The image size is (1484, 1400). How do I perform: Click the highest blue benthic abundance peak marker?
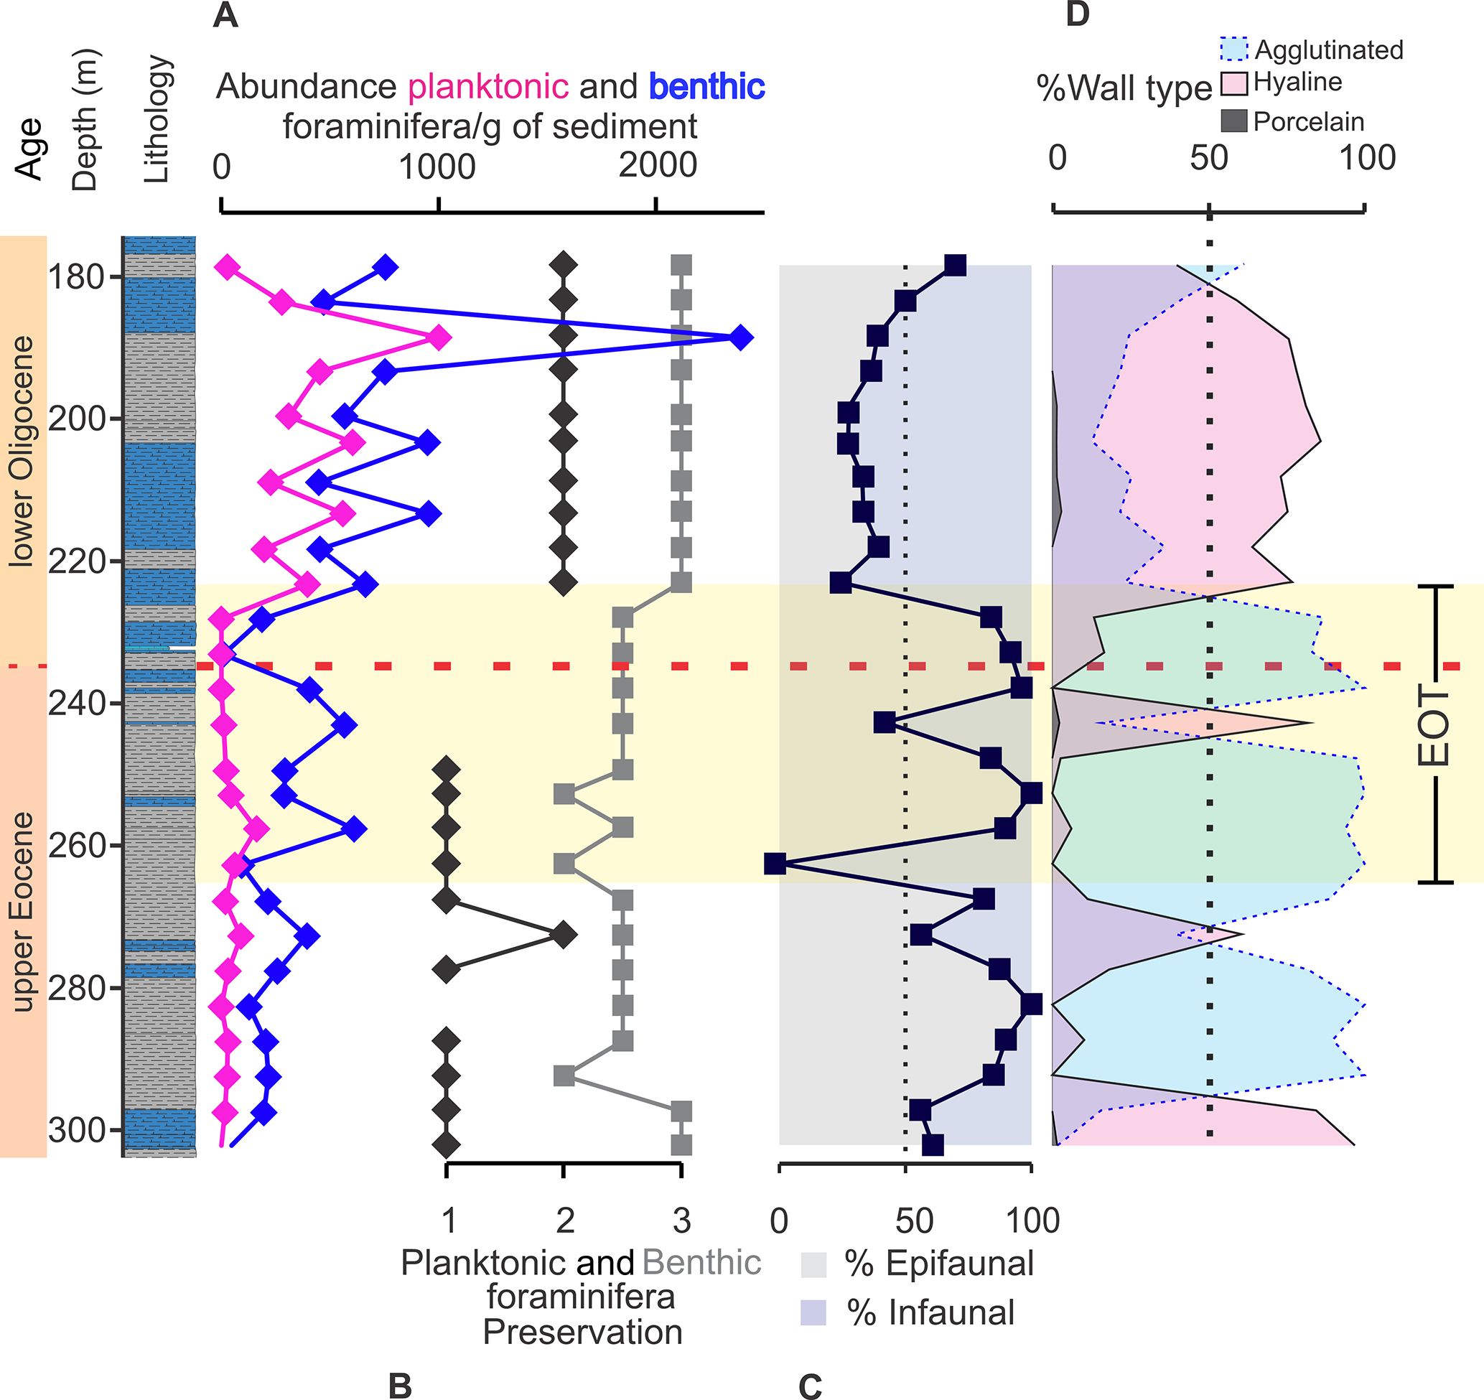pos(739,337)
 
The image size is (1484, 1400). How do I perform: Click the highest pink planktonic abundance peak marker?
pos(439,337)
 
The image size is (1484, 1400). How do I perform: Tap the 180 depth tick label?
pos(75,277)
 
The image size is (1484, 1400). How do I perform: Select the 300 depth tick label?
pos(75,1131)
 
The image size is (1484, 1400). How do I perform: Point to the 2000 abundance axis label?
pos(658,165)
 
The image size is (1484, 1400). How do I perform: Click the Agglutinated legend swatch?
pos(1234,50)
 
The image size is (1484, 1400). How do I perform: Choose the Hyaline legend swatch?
pos(1234,83)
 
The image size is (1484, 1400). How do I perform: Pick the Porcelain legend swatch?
pos(1234,121)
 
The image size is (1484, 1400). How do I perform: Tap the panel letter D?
pos(1077,15)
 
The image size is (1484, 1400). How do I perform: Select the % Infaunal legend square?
pos(813,1312)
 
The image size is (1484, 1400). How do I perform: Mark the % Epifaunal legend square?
pos(813,1265)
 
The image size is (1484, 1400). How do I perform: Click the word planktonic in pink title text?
pos(488,87)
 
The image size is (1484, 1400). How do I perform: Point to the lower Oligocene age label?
pos(22,451)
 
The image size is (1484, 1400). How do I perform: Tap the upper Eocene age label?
pos(22,911)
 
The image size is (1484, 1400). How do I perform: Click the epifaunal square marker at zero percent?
pos(775,864)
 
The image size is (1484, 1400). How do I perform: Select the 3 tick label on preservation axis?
pos(681,1221)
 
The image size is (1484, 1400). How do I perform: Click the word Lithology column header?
pos(157,119)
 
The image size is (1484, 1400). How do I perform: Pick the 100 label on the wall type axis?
pos(1367,158)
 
